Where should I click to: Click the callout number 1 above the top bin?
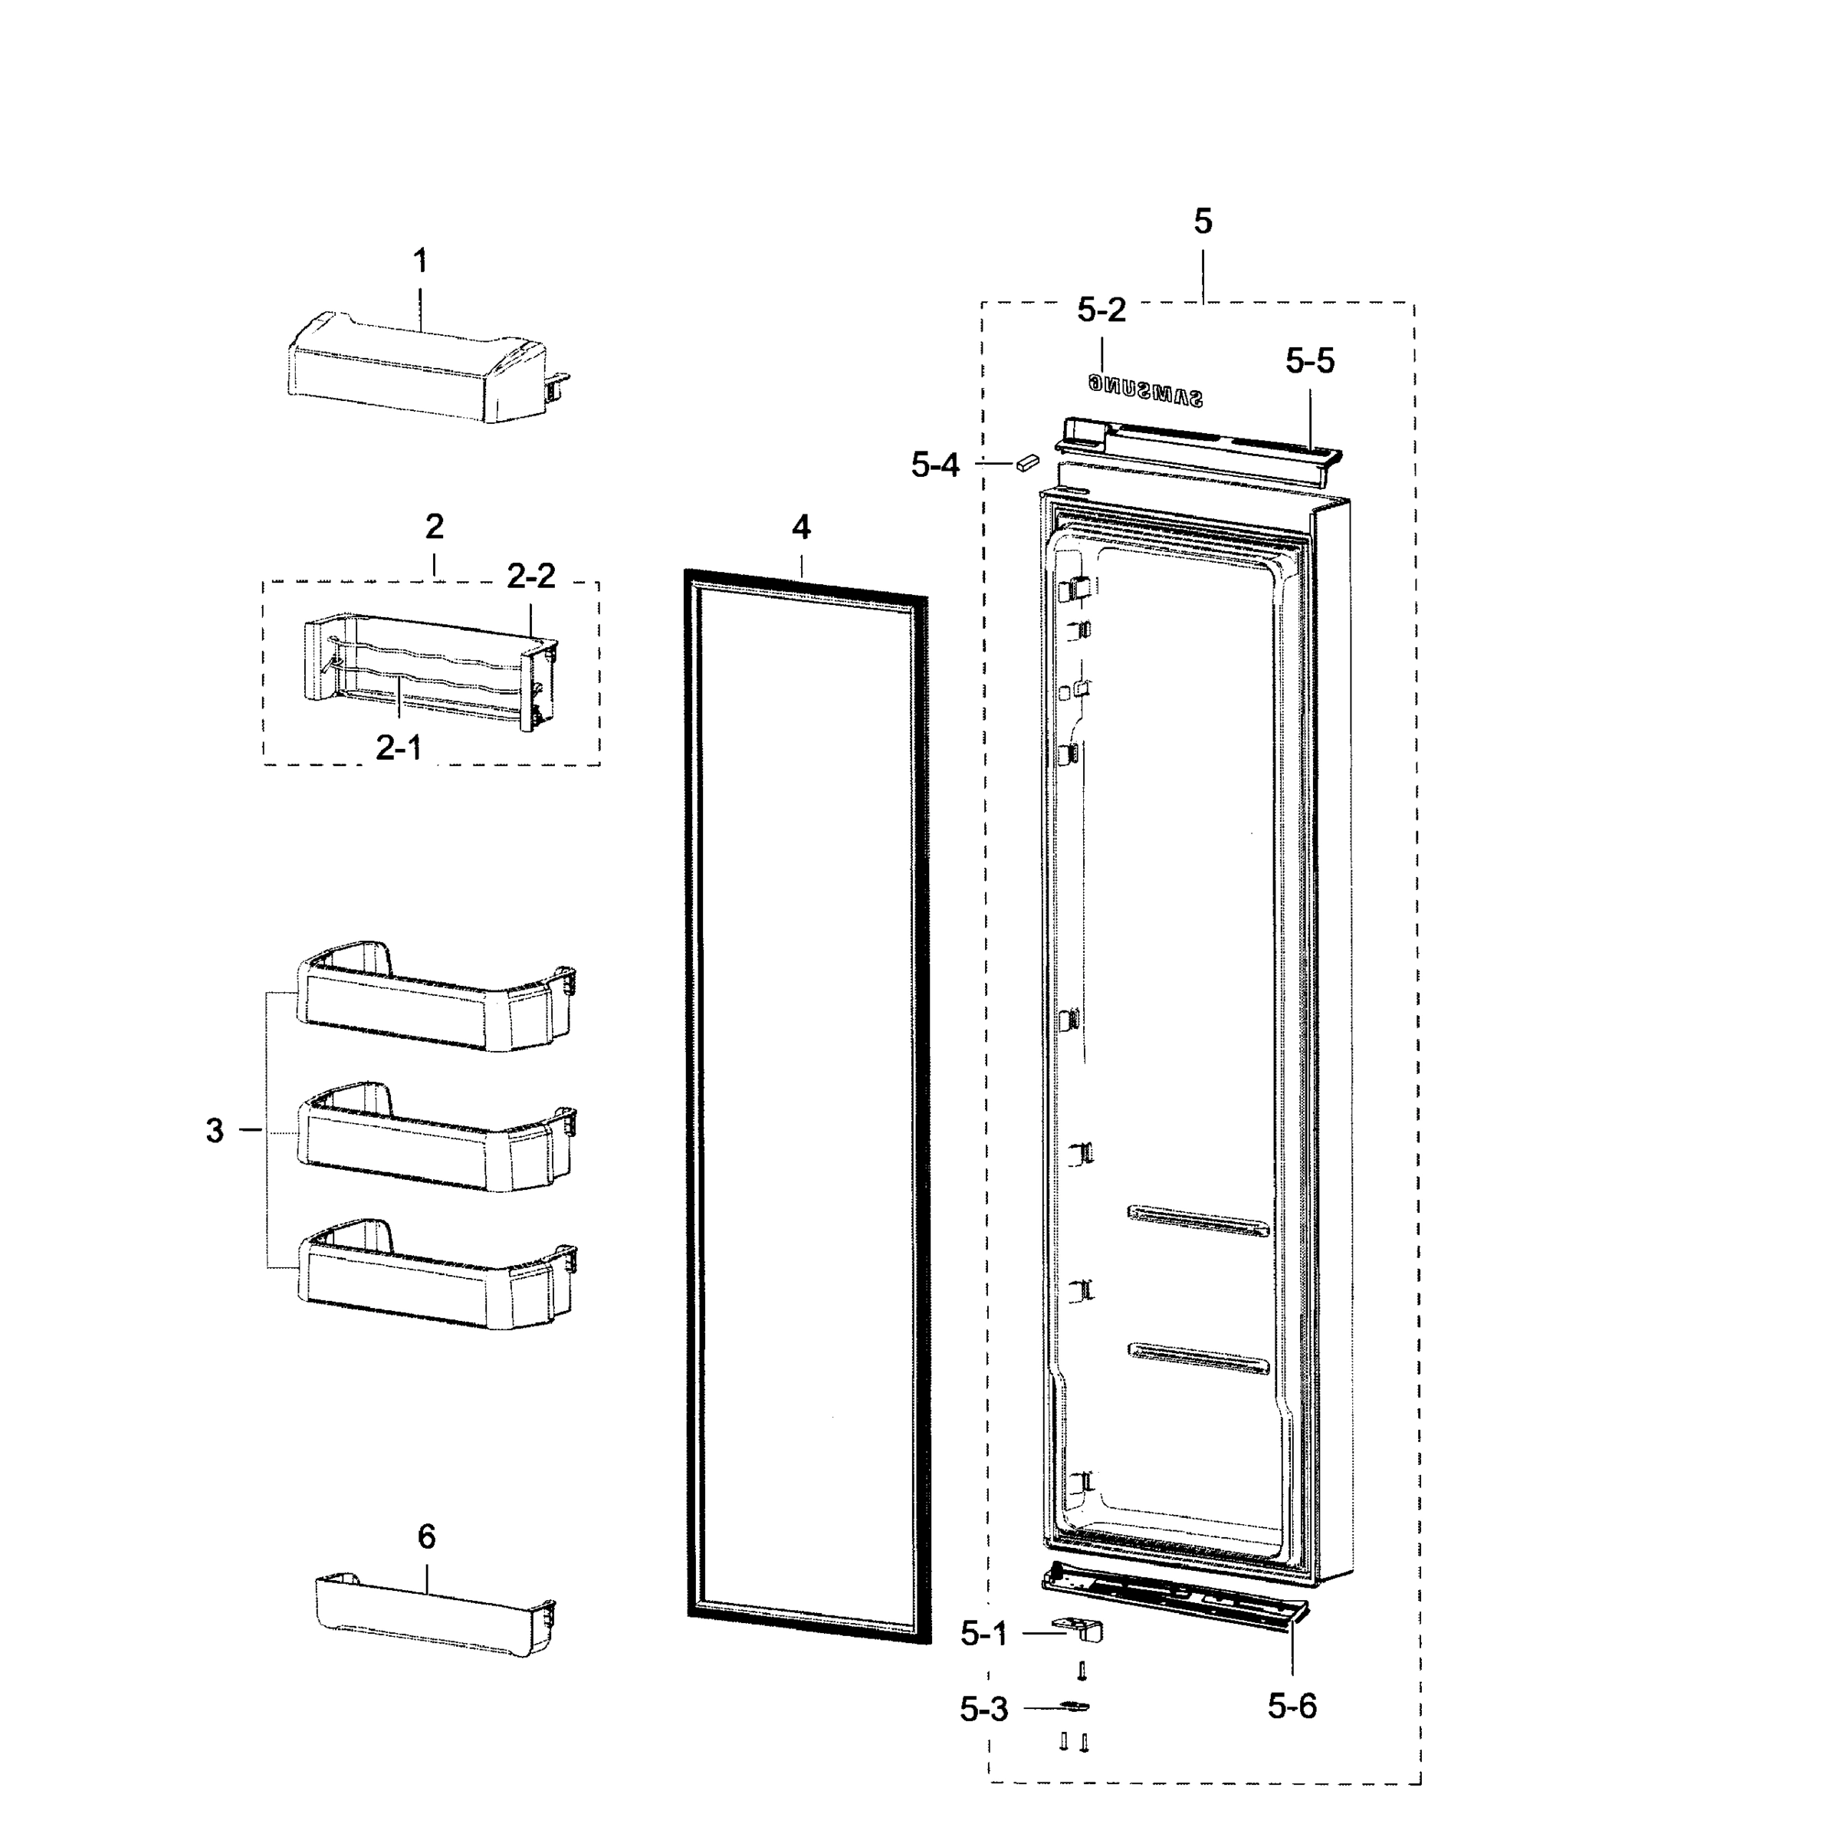(420, 261)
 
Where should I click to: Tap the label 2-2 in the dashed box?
(530, 577)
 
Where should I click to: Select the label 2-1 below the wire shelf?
(398, 748)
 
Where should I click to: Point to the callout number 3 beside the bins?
(215, 1132)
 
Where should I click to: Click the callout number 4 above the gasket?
(801, 527)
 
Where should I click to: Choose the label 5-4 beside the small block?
(935, 465)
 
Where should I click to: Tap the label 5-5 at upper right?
(1310, 361)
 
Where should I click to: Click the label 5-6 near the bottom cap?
(1292, 1707)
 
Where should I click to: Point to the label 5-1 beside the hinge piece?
(984, 1635)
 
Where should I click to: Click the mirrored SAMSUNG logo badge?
(1146, 389)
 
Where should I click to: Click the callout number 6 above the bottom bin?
(427, 1537)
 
